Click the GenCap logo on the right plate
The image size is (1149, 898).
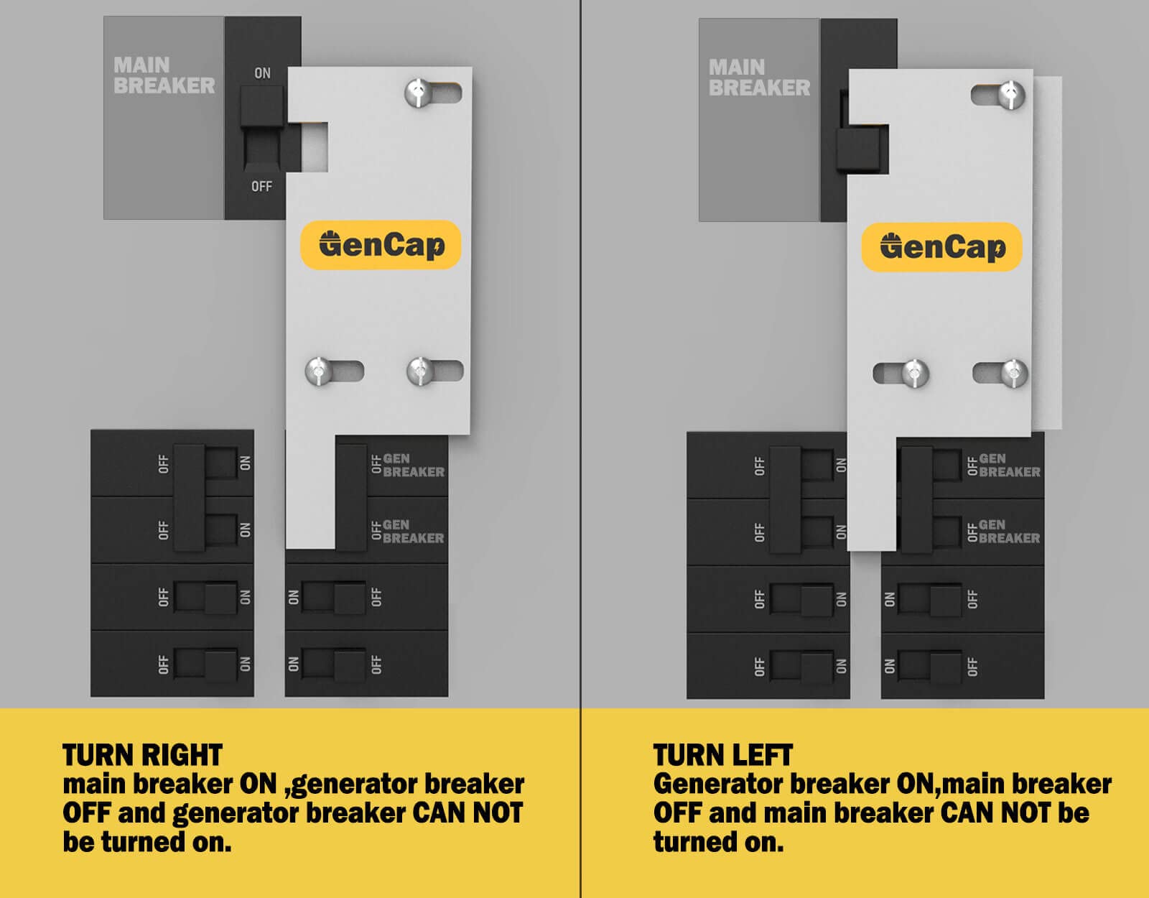941,247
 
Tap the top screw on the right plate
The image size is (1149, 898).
1011,95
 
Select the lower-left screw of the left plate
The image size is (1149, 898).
318,371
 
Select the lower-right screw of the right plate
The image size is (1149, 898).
1013,373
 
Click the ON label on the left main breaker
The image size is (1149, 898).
262,73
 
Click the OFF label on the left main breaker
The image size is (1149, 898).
261,186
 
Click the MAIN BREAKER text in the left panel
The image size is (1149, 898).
164,75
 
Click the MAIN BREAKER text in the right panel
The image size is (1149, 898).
759,78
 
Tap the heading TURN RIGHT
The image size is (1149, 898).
142,755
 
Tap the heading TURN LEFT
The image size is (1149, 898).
722,755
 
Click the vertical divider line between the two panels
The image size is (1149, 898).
580,359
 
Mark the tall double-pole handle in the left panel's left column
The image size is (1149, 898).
190,497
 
